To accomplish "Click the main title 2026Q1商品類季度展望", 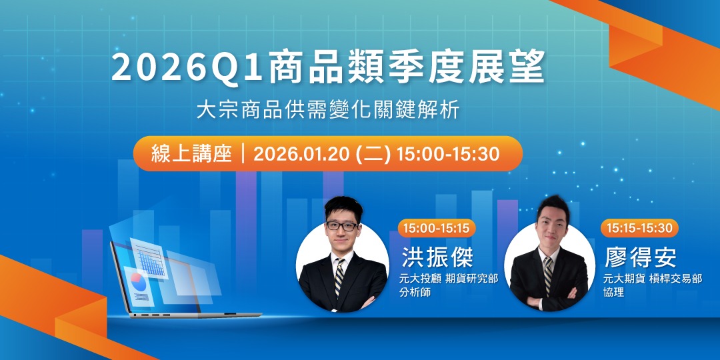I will click(328, 68).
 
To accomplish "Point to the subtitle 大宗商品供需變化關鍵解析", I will click(328, 110).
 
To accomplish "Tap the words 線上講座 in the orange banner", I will click(182, 154).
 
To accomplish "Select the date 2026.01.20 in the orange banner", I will click(303, 154).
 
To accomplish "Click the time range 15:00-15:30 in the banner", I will click(447, 154).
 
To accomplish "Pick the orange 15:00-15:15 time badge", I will click(435, 228).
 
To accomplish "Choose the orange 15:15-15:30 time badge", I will click(639, 228).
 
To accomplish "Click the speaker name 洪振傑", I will click(437, 256).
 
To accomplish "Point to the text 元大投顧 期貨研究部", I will click(448, 278).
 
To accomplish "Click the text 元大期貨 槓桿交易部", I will click(652, 278).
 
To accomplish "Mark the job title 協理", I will click(613, 292).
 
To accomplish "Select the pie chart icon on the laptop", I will click(139, 281).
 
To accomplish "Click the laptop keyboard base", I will click(193, 314).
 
